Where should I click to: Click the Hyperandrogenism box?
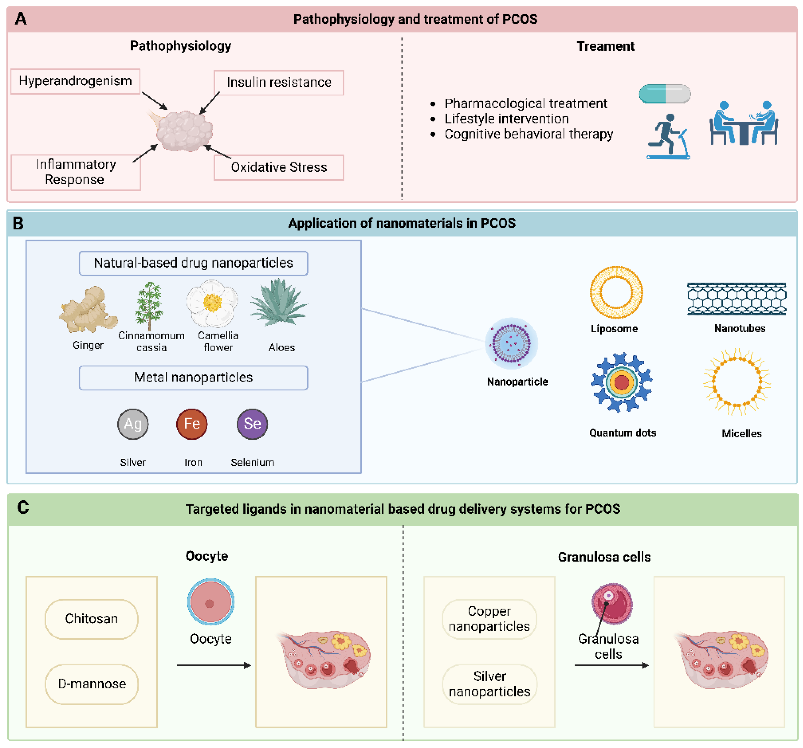75,81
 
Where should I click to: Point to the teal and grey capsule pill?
664,94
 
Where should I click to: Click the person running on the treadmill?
668,136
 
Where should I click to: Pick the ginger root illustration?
88,309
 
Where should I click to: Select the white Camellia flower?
212,303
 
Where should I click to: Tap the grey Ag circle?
133,424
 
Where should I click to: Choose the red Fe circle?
192,424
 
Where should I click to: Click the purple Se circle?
252,424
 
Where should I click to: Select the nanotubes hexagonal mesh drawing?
737,299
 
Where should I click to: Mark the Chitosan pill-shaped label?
92,619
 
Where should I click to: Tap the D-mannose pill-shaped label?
92,684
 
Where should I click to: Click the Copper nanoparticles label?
489,619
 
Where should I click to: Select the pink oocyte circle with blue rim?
211,602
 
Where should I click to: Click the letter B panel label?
18,223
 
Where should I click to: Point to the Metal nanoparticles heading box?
194,378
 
